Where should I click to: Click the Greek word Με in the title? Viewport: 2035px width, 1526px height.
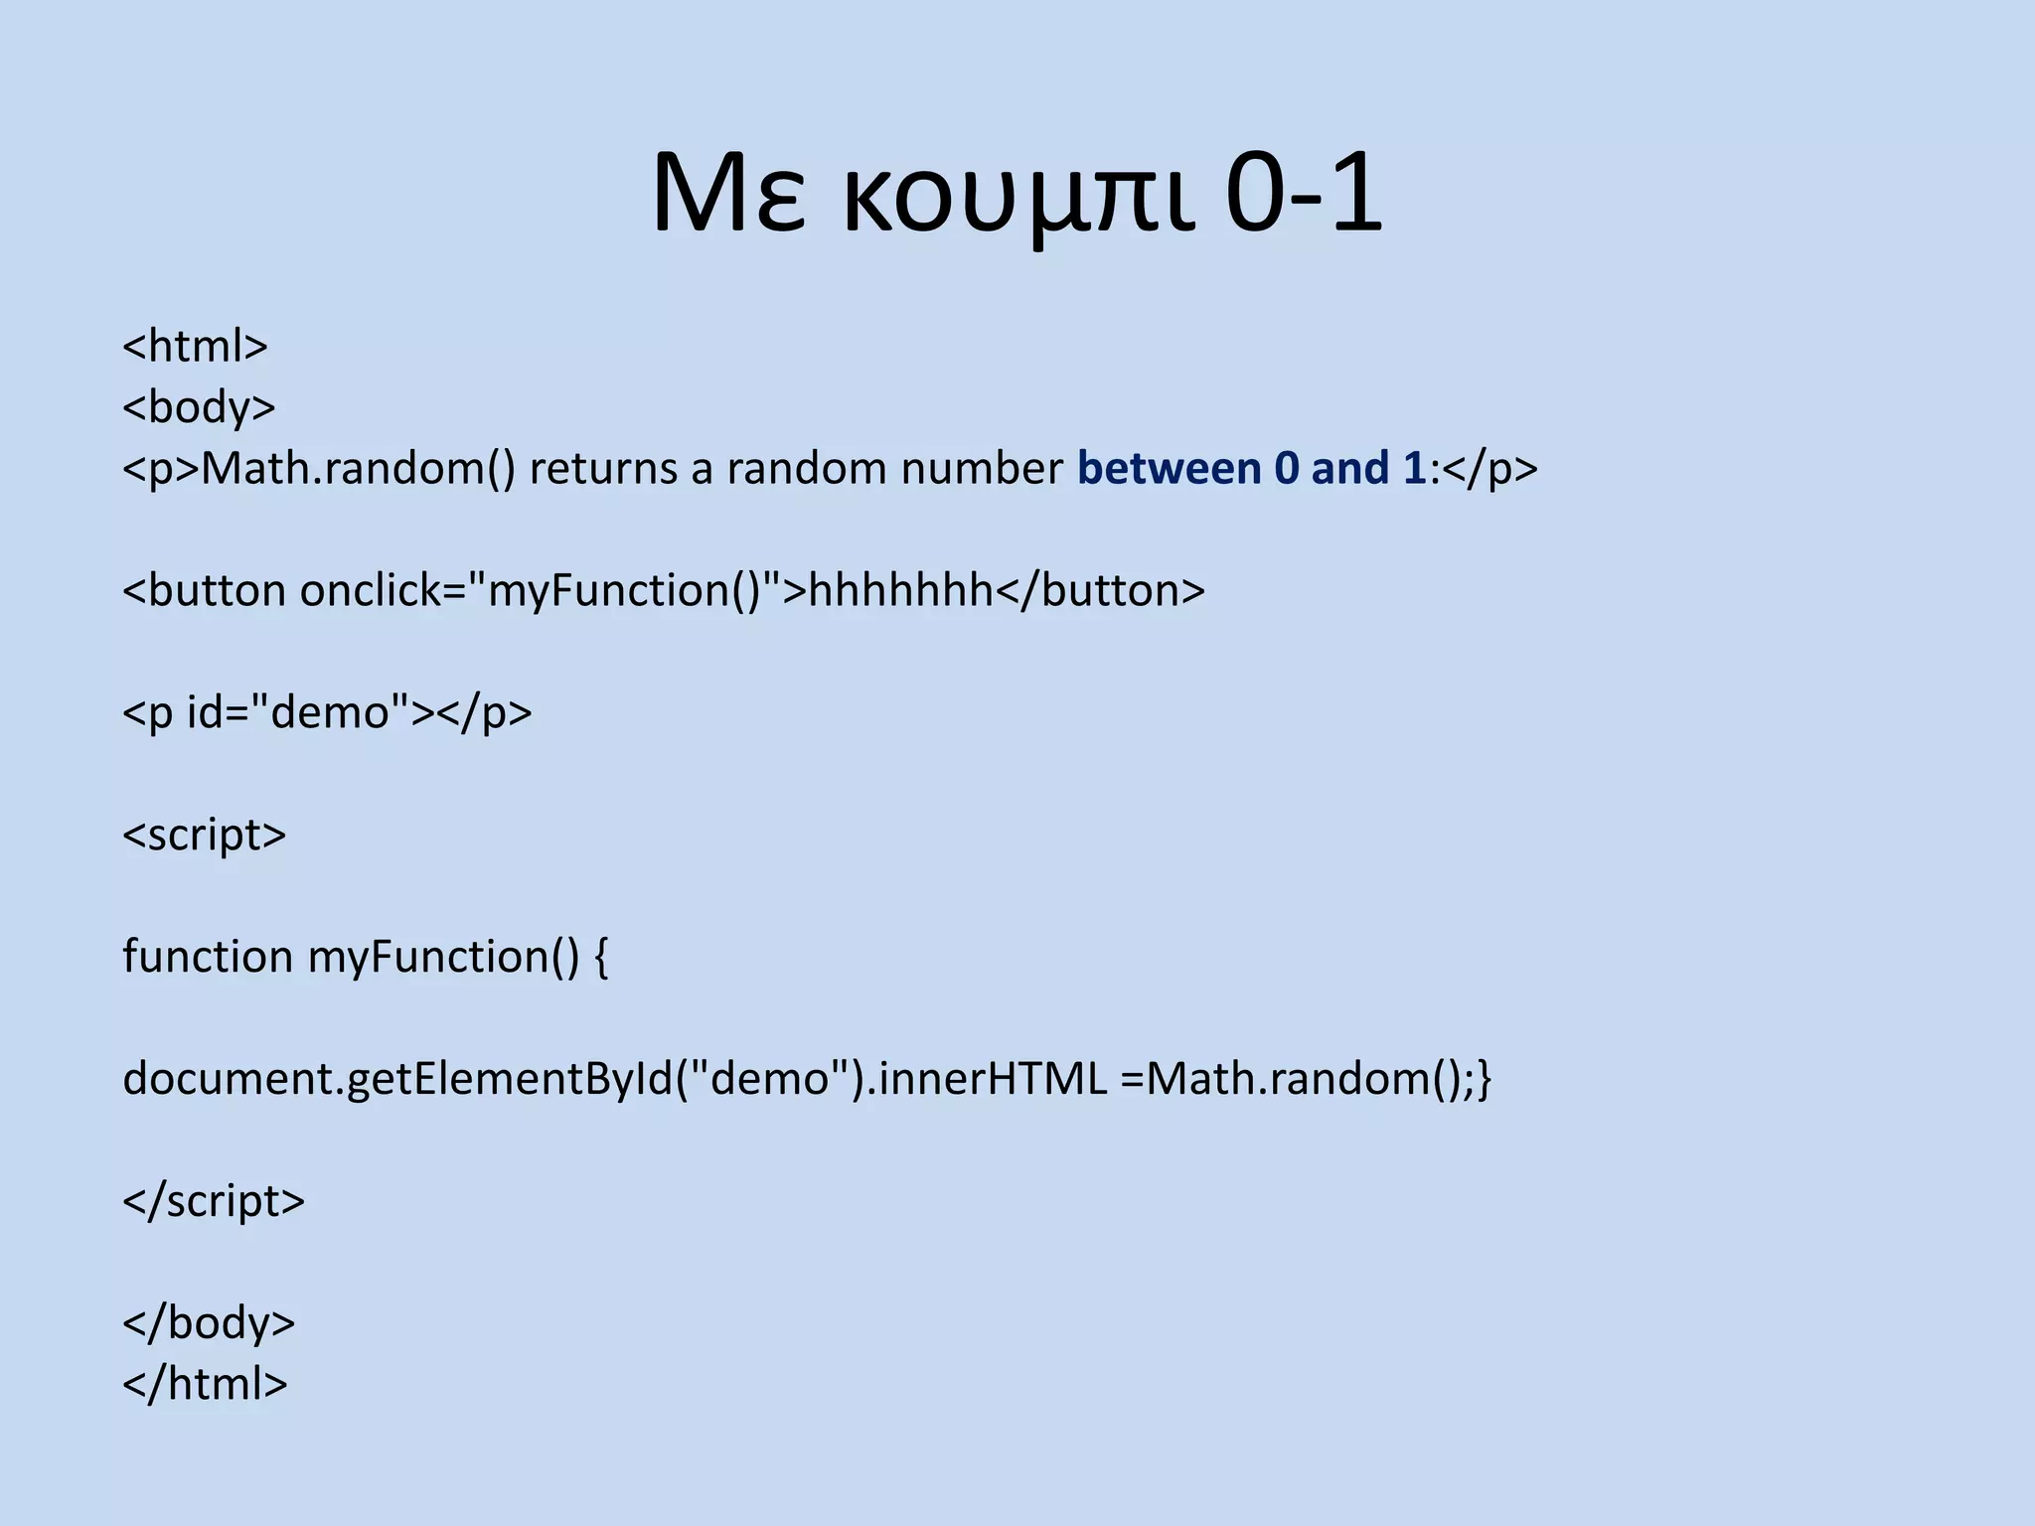coord(728,194)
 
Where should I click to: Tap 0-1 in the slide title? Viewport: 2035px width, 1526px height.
coord(1303,194)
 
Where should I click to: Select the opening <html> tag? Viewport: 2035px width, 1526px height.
coord(195,346)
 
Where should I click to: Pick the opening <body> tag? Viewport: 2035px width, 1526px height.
coord(199,407)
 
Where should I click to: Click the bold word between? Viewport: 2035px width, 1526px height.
coord(1169,468)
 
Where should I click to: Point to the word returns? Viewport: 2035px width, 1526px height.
coord(603,469)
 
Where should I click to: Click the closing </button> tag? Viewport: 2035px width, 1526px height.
coord(1100,590)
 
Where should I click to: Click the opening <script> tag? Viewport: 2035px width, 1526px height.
coord(205,835)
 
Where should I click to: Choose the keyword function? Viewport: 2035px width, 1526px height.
coord(208,957)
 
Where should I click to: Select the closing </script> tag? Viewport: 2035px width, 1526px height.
coord(214,1201)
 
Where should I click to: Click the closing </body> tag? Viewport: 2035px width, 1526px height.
coord(209,1323)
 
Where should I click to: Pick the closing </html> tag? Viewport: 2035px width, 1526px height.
coord(205,1384)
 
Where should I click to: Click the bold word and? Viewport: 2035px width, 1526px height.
coord(1349,468)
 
